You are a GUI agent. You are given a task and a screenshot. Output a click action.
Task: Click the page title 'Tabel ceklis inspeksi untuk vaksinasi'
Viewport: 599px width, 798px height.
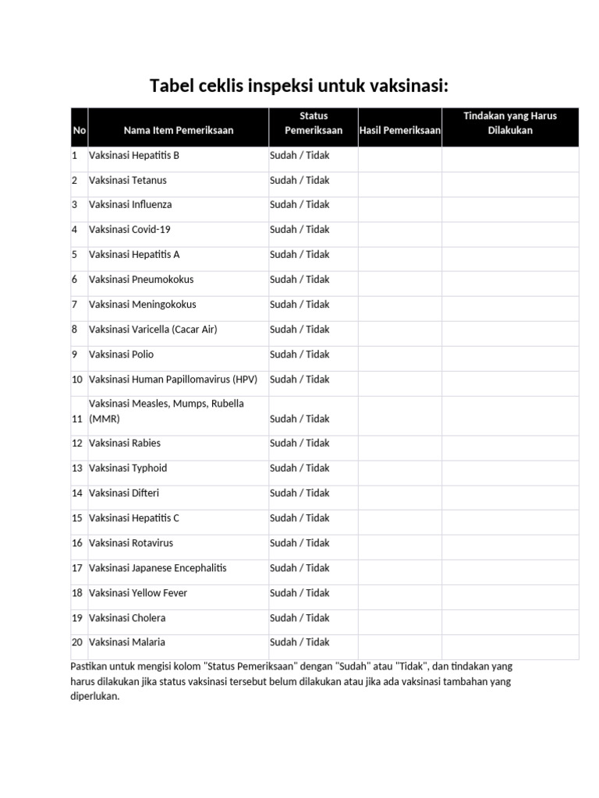click(x=299, y=85)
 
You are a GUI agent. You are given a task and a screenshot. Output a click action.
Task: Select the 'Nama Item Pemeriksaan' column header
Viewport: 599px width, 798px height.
click(x=178, y=131)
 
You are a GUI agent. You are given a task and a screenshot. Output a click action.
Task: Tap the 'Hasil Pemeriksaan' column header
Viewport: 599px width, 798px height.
click(x=400, y=131)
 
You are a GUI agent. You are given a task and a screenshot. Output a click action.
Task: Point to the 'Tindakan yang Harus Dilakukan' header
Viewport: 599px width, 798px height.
click(x=510, y=123)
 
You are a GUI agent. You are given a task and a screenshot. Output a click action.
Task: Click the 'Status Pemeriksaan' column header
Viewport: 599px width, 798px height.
click(x=313, y=123)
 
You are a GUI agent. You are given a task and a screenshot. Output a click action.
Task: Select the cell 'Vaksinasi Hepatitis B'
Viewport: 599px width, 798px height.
click(x=134, y=156)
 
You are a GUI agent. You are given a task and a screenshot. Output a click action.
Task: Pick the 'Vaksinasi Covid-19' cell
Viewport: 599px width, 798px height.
click(x=129, y=230)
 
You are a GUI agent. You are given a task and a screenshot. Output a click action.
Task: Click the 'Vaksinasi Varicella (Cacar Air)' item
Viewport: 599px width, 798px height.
click(x=153, y=330)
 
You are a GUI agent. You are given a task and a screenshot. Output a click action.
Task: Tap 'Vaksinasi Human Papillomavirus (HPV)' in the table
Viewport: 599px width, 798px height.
click(x=173, y=380)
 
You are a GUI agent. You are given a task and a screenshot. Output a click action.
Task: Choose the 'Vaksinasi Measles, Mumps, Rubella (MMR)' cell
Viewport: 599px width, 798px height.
click(x=166, y=411)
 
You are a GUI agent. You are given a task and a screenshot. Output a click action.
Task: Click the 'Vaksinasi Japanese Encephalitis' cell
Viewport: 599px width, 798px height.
click(x=158, y=568)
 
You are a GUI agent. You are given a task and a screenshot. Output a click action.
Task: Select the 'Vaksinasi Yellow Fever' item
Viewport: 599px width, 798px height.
click(x=138, y=593)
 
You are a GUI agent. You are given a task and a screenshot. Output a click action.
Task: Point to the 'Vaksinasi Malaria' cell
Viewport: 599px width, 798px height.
click(x=127, y=643)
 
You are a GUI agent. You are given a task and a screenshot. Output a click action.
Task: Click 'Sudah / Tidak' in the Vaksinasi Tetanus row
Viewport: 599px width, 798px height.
click(x=299, y=180)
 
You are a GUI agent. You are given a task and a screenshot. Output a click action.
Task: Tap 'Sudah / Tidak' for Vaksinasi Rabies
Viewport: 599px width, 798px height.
click(x=299, y=443)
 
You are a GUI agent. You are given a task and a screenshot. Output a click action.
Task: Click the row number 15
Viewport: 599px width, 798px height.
click(x=77, y=518)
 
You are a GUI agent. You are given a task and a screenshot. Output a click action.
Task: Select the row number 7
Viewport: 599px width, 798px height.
click(x=75, y=305)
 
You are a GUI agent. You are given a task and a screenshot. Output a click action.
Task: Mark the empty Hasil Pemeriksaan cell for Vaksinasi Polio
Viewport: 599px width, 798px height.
click(x=400, y=355)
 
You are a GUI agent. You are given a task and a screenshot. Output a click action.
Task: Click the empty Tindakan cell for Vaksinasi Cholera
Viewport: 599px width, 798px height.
click(x=510, y=618)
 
